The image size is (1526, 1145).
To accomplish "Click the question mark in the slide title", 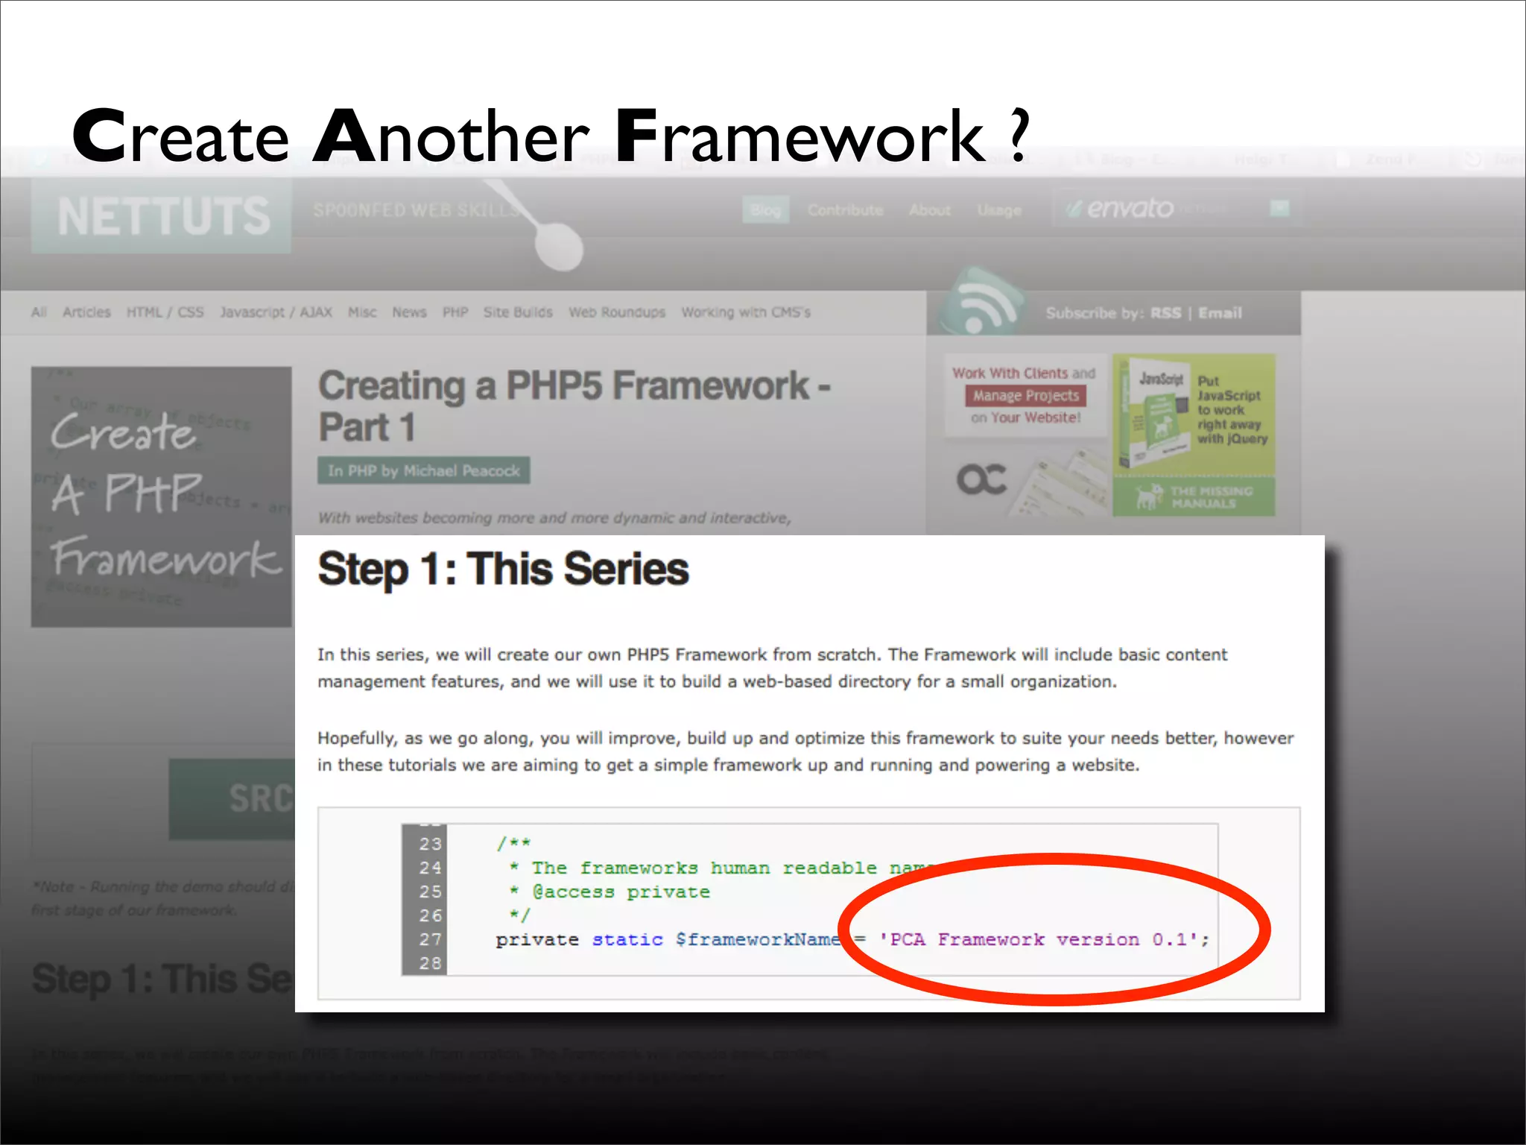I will pyautogui.click(x=1019, y=136).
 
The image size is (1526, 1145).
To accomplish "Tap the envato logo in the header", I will pyautogui.click(x=1128, y=208).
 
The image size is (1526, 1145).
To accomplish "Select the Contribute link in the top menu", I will pyautogui.click(x=845, y=210).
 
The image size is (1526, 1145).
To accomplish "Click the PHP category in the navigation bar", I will pyautogui.click(x=455, y=312).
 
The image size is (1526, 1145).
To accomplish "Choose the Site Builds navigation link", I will pyautogui.click(x=518, y=312).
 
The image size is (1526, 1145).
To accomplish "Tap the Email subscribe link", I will pyautogui.click(x=1220, y=313).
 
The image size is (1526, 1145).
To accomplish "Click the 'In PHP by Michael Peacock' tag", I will pyautogui.click(x=423, y=471).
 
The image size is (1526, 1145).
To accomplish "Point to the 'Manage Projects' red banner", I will pyautogui.click(x=1025, y=396).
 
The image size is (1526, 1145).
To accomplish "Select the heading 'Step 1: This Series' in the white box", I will pyautogui.click(x=503, y=570).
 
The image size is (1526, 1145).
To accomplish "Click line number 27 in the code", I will pyautogui.click(x=430, y=939).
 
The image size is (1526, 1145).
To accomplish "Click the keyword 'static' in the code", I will pyautogui.click(x=627, y=939).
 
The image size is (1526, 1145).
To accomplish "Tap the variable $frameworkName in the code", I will pyautogui.click(x=757, y=939).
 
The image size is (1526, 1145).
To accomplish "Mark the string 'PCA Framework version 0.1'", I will pyautogui.click(x=1043, y=939).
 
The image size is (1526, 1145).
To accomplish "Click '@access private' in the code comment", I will pyautogui.click(x=621, y=892).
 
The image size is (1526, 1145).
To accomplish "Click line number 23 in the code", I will pyautogui.click(x=430, y=844).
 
